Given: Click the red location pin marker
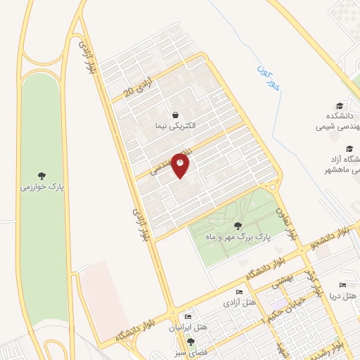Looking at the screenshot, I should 181,165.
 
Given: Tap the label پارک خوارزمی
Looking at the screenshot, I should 44,188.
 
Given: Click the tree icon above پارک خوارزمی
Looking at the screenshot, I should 44,175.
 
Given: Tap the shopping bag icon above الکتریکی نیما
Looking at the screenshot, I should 175,114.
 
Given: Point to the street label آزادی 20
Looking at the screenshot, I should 137,86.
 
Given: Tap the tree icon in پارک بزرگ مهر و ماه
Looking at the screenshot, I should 238,226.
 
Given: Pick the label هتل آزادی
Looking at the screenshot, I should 239,303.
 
